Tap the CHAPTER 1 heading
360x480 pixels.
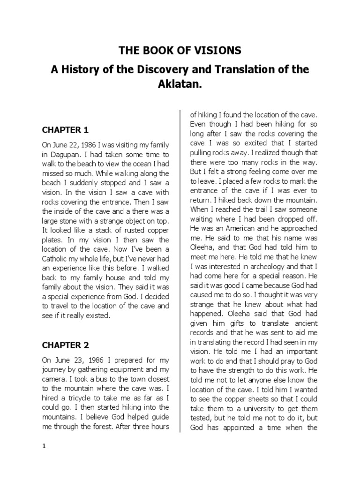[x=65, y=129]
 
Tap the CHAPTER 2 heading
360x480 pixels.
[x=65, y=345]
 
